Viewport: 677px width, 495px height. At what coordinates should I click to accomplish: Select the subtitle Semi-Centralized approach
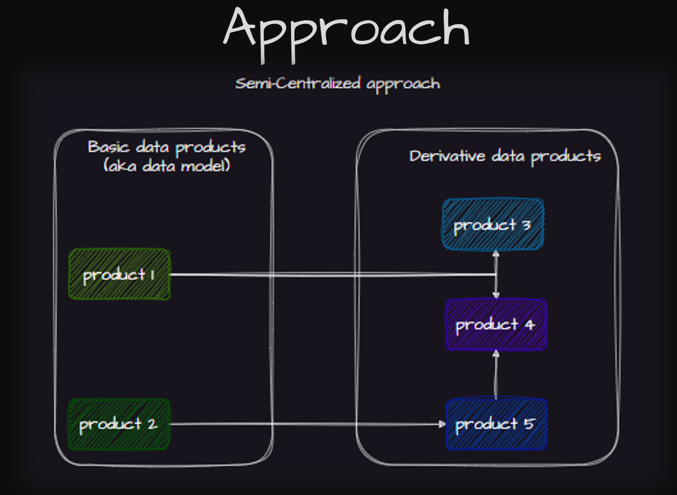tap(337, 84)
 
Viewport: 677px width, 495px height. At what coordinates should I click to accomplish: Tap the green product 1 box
tap(119, 274)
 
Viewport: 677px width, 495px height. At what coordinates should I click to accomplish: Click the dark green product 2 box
tap(119, 424)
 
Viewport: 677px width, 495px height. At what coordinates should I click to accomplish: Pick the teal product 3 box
tap(492, 224)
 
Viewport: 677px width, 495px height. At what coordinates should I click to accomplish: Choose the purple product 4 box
tap(496, 324)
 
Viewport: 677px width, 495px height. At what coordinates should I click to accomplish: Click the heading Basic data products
tap(167, 147)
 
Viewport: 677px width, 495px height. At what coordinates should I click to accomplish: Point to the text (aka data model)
tap(167, 166)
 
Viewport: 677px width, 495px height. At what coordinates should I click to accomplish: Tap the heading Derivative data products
tap(505, 156)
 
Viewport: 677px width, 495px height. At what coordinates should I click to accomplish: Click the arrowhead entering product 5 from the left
tap(442, 424)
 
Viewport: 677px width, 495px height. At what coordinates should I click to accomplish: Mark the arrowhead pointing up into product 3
tap(495, 254)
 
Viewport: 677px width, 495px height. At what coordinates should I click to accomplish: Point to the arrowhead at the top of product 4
tap(496, 295)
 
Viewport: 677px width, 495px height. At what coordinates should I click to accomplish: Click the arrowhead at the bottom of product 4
tap(495, 353)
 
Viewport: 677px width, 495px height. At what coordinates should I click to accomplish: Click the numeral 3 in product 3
tap(526, 225)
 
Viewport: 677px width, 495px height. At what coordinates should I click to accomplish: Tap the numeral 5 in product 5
tap(529, 424)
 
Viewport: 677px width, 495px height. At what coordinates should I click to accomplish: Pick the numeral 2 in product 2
tap(152, 424)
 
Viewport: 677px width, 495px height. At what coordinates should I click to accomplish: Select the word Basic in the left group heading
tap(108, 147)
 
